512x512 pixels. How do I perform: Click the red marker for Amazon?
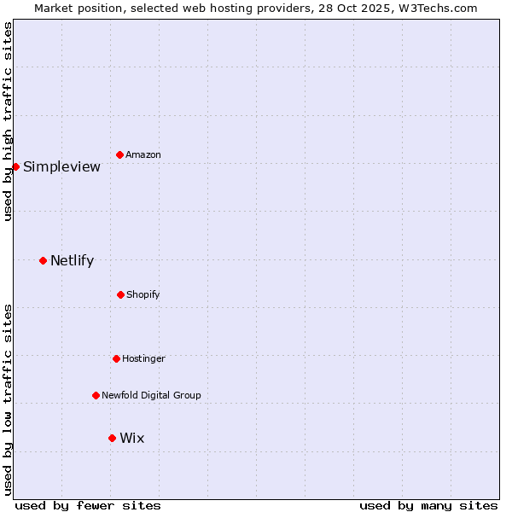[x=120, y=154]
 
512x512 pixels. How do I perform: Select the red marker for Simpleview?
[x=15, y=166]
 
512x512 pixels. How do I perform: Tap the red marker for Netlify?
[x=43, y=260]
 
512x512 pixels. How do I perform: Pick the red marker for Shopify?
[x=120, y=294]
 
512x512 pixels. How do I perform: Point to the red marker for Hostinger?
[x=116, y=358]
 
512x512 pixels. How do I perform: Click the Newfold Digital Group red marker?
[x=96, y=395]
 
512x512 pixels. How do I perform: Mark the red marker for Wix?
[x=112, y=438]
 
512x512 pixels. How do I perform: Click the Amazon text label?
[x=143, y=154]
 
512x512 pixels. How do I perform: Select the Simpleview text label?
[x=61, y=166]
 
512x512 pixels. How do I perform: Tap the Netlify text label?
[x=72, y=260]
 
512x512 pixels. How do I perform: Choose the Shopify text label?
[x=143, y=294]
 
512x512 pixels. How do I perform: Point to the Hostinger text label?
[x=143, y=358]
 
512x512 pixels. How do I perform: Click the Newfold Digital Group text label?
[x=151, y=395]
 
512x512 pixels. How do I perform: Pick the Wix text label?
[x=132, y=438]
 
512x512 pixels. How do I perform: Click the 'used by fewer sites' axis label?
[x=88, y=505]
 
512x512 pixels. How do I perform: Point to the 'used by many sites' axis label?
[x=428, y=505]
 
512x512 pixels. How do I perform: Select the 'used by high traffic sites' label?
[x=8, y=121]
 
